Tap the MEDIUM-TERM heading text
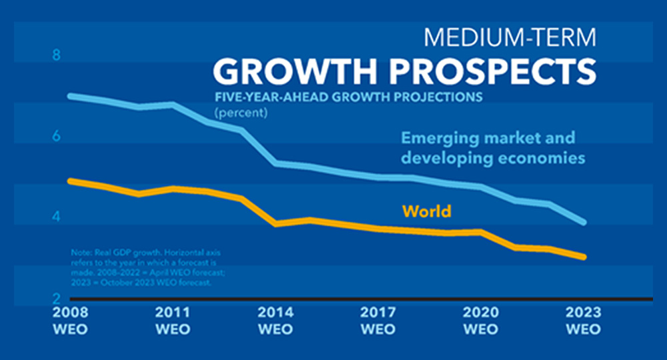pyautogui.click(x=509, y=37)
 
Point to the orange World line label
pyautogui.click(x=426, y=211)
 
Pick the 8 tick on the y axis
pyautogui.click(x=57, y=55)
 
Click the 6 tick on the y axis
pyautogui.click(x=57, y=136)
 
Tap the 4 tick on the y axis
pyautogui.click(x=57, y=217)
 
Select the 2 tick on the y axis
pyautogui.click(x=57, y=297)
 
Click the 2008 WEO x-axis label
pyautogui.click(x=70, y=321)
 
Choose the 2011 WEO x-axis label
pyautogui.click(x=173, y=321)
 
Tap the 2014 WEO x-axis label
pyautogui.click(x=275, y=321)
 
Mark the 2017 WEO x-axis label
pyautogui.click(x=378, y=321)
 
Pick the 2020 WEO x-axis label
pyautogui.click(x=481, y=321)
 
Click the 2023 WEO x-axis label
pyautogui.click(x=584, y=321)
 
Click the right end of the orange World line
pyautogui.click(x=584, y=257)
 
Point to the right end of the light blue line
pyautogui.click(x=584, y=222)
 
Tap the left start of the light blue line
pyautogui.click(x=71, y=96)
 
